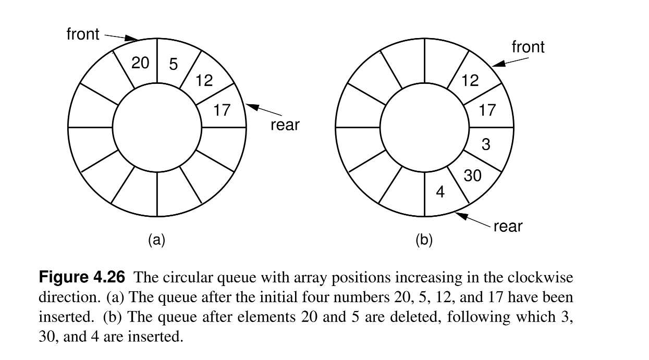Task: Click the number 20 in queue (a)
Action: pyautogui.click(x=140, y=63)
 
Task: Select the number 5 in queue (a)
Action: pyautogui.click(x=174, y=65)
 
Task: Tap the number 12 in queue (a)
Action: pyautogui.click(x=204, y=80)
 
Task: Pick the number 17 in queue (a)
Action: pyautogui.click(x=222, y=110)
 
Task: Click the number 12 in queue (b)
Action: pyautogui.click(x=470, y=80)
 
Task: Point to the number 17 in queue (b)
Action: pyautogui.click(x=487, y=110)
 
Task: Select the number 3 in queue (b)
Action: pyautogui.click(x=486, y=144)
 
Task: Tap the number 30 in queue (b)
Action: pyautogui.click(x=472, y=176)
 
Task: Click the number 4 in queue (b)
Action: pyautogui.click(x=440, y=193)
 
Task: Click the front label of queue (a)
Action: pyautogui.click(x=83, y=34)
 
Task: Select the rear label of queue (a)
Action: pyautogui.click(x=285, y=125)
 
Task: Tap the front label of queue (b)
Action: pyautogui.click(x=528, y=47)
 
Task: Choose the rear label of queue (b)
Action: pyautogui.click(x=507, y=227)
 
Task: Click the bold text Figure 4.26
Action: pyautogui.click(x=82, y=277)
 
